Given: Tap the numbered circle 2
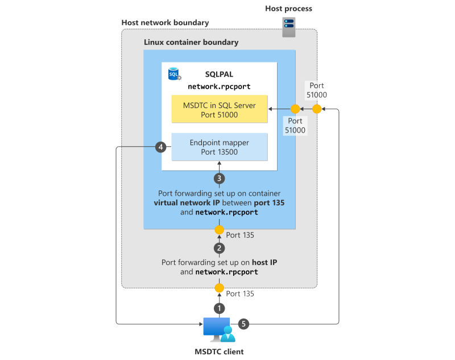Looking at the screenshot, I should pyautogui.click(x=220, y=248).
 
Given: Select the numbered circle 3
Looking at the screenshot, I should pyautogui.click(x=220, y=178).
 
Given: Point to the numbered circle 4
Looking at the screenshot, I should pyautogui.click(x=161, y=147).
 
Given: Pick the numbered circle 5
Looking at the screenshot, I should pyautogui.click(x=243, y=324).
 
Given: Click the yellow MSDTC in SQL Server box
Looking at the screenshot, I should pyautogui.click(x=219, y=109).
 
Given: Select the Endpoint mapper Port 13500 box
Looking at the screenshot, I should pyautogui.click(x=219, y=147).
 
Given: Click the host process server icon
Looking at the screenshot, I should pyautogui.click(x=289, y=26).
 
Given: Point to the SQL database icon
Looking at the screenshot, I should pyautogui.click(x=174, y=74).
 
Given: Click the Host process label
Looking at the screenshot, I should pyautogui.click(x=289, y=9).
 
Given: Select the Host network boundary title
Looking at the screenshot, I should pyautogui.click(x=165, y=23).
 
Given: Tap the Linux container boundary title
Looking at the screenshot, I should pyautogui.click(x=191, y=42).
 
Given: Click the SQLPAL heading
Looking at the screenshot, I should pyautogui.click(x=219, y=75).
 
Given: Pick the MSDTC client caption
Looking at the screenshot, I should pyautogui.click(x=220, y=351).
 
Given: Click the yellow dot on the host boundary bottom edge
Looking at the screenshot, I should pyautogui.click(x=220, y=288).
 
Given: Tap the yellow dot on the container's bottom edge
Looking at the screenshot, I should pyautogui.click(x=220, y=230).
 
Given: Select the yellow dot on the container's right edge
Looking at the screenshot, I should pyautogui.click(x=295, y=109).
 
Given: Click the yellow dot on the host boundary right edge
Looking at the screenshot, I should pyautogui.click(x=317, y=109).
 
